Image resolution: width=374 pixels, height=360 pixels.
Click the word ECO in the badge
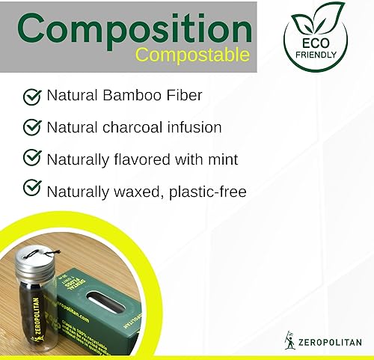(314, 43)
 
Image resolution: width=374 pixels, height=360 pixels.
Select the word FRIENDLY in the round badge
(314, 56)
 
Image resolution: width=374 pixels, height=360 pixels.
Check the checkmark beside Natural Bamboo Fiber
(32, 96)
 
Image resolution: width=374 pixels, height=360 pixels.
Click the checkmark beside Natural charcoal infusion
(32, 127)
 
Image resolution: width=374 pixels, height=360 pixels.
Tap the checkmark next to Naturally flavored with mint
(32, 159)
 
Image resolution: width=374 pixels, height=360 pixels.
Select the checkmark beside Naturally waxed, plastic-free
(32, 190)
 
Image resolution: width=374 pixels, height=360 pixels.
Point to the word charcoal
(134, 127)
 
